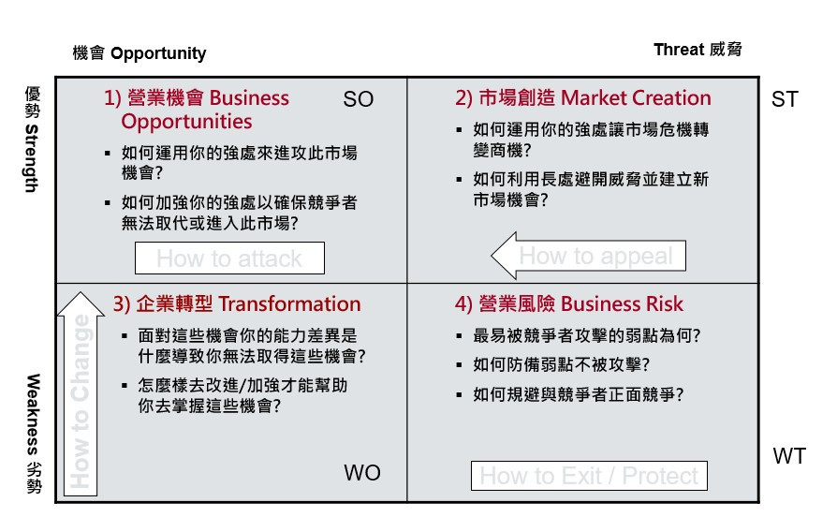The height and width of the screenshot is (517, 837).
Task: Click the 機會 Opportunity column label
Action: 139,53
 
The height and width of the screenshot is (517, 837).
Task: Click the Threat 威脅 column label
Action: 697,50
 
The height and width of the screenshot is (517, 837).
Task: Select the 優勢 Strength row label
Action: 32,139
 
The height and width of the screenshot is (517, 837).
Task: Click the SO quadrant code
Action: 359,99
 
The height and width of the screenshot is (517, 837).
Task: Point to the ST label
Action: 785,99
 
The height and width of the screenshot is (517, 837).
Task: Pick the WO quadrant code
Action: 362,473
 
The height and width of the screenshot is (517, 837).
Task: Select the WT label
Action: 788,456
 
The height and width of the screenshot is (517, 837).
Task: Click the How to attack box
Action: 229,258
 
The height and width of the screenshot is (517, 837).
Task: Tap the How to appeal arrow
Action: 589,256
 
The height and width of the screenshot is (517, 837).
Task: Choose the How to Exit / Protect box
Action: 589,476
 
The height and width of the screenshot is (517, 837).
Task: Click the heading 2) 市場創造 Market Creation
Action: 583,98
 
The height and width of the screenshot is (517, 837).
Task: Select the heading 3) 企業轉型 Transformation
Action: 237,303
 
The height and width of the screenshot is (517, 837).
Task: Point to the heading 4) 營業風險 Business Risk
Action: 569,303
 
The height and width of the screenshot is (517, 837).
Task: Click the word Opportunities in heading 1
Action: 186,122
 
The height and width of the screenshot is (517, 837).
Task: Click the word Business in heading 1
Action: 249,98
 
